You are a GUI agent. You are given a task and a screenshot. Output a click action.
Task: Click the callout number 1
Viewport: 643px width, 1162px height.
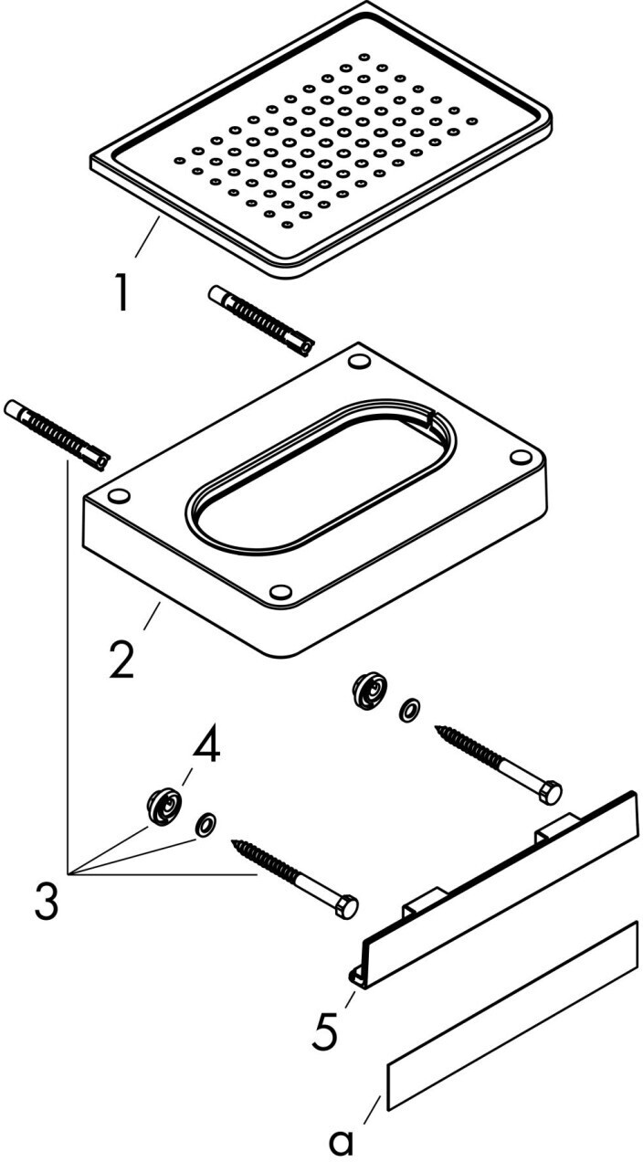click(121, 292)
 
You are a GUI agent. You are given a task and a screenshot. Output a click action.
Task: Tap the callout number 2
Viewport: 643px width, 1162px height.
click(122, 659)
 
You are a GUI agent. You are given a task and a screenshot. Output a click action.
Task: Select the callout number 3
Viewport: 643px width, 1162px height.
click(47, 901)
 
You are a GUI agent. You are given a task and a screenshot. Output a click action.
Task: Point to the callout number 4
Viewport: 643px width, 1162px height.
click(206, 745)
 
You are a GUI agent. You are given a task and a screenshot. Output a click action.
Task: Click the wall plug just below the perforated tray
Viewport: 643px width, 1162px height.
click(261, 322)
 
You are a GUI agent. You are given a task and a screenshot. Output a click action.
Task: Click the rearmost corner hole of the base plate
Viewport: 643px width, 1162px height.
click(359, 361)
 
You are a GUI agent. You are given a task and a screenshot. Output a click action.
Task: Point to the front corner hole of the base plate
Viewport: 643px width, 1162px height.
click(280, 591)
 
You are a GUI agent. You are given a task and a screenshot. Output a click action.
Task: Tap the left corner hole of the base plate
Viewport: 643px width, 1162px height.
click(119, 495)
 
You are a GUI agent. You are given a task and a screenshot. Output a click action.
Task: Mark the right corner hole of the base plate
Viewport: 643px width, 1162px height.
click(521, 457)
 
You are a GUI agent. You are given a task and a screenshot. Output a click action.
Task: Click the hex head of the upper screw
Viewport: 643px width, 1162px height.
click(550, 793)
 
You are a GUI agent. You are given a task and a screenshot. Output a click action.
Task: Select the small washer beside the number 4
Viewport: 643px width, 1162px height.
click(206, 822)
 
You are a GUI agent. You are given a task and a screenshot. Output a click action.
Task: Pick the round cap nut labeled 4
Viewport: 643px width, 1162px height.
click(164, 806)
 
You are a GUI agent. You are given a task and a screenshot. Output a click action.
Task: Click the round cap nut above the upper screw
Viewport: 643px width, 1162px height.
click(369, 690)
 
